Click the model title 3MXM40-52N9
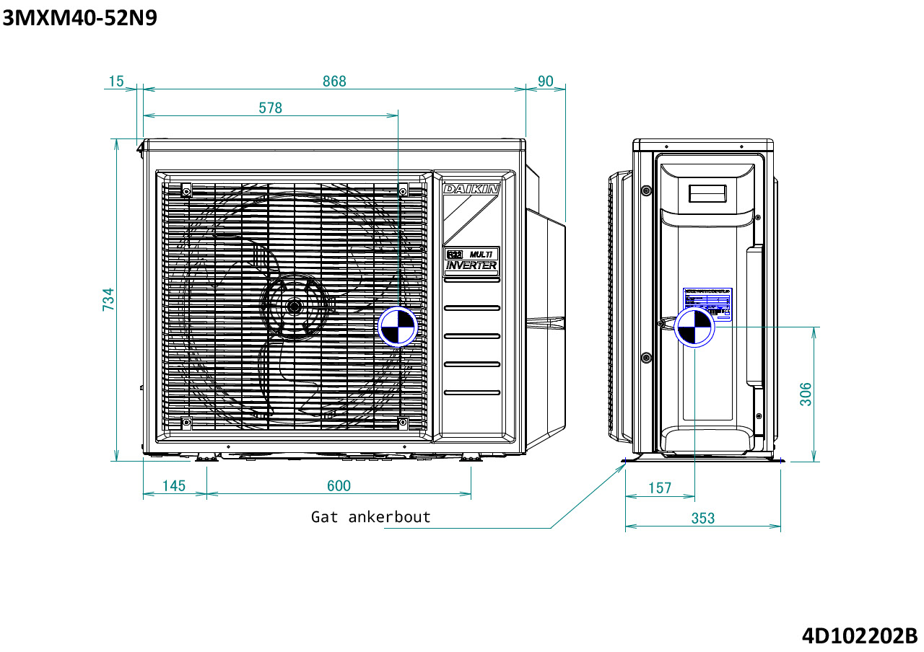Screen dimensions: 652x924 point(79,17)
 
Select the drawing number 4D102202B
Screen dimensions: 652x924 point(859,636)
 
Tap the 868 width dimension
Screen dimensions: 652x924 point(334,81)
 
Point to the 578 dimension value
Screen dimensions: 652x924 point(271,108)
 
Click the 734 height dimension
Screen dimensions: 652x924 point(108,299)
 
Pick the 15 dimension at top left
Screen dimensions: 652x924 point(115,81)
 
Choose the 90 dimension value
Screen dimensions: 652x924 point(545,81)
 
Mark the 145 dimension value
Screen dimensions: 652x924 point(173,486)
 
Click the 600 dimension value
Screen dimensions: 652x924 point(339,486)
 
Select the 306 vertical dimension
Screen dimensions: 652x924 point(806,394)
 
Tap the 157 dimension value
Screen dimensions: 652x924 point(659,488)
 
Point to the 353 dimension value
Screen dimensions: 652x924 point(702,518)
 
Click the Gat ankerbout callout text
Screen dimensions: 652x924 point(370,517)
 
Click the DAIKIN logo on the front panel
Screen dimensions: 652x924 point(471,189)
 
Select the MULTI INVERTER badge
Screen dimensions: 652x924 point(471,260)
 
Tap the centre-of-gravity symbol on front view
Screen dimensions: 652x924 point(398,327)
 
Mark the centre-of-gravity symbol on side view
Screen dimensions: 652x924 point(694,327)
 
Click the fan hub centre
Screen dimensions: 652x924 point(294,306)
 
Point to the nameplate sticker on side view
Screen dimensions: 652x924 point(707,303)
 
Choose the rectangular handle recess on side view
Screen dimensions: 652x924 point(707,193)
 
